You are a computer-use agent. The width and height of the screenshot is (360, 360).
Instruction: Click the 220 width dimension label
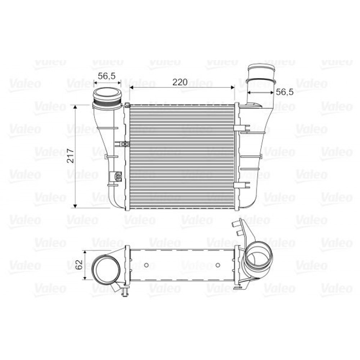pos(180,82)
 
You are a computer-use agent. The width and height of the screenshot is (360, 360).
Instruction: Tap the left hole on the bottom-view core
pos(146,265)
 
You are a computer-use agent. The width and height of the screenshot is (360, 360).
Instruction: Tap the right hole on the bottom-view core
pos(218,265)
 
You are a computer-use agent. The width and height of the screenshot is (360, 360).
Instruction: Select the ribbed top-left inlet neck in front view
pos(107,98)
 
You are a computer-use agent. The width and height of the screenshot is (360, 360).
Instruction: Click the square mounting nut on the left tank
pos(117,176)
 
